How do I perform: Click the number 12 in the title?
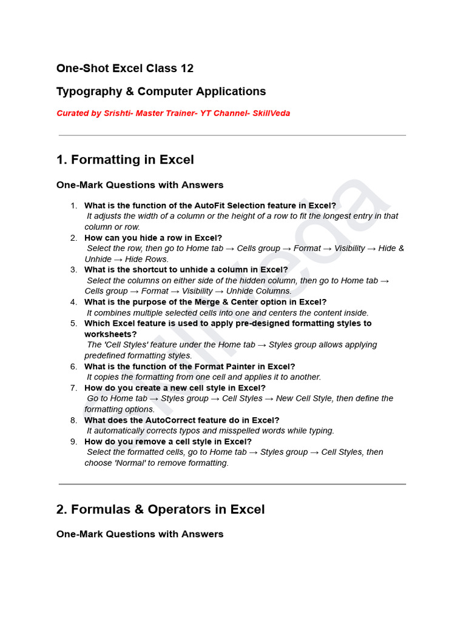(x=186, y=69)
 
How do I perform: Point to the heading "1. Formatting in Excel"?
(x=125, y=160)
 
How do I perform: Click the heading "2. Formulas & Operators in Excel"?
(x=160, y=509)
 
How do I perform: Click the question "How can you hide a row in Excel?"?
(x=153, y=238)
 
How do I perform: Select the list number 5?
(x=73, y=323)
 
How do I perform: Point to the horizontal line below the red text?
(x=232, y=135)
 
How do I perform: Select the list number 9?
(x=73, y=441)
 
